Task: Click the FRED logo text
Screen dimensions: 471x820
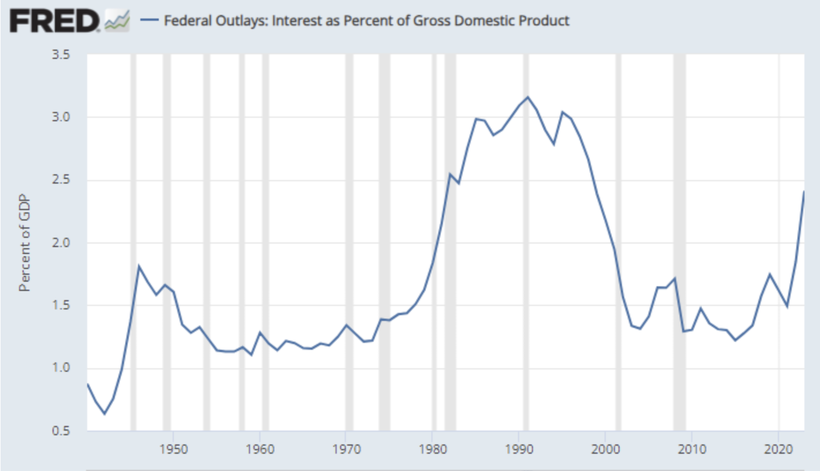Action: click(55, 21)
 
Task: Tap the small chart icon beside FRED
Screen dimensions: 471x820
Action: click(117, 21)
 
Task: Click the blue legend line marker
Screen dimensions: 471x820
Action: click(150, 21)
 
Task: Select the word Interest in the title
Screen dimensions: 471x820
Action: click(295, 21)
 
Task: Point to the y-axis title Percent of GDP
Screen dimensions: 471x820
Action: click(24, 243)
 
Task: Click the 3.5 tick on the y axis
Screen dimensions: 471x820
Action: click(62, 55)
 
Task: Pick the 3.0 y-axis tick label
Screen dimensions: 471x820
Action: click(62, 118)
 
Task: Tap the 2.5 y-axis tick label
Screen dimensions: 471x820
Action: click(62, 180)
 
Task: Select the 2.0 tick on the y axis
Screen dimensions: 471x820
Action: click(62, 243)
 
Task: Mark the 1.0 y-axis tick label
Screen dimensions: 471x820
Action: click(62, 368)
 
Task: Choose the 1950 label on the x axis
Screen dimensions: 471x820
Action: click(174, 449)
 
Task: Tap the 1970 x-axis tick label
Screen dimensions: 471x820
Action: click(346, 449)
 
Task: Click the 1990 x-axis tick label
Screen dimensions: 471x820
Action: click(519, 449)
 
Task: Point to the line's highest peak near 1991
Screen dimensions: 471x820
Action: click(528, 97)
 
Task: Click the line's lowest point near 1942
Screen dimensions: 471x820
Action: click(105, 413)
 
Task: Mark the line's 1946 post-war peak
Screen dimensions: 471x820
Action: click(139, 266)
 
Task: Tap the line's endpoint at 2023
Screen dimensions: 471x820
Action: click(804, 192)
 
